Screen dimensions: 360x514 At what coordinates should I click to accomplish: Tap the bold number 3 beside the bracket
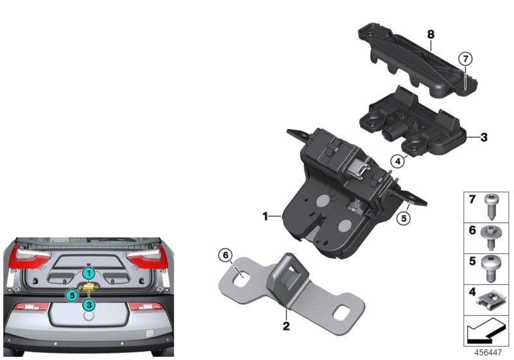pyautogui.click(x=484, y=137)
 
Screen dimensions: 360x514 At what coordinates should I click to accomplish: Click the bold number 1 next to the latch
pyautogui.click(x=265, y=217)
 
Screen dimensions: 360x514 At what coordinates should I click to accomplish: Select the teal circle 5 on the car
pyautogui.click(x=71, y=295)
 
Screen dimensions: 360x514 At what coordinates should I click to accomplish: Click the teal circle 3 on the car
pyautogui.click(x=88, y=304)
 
